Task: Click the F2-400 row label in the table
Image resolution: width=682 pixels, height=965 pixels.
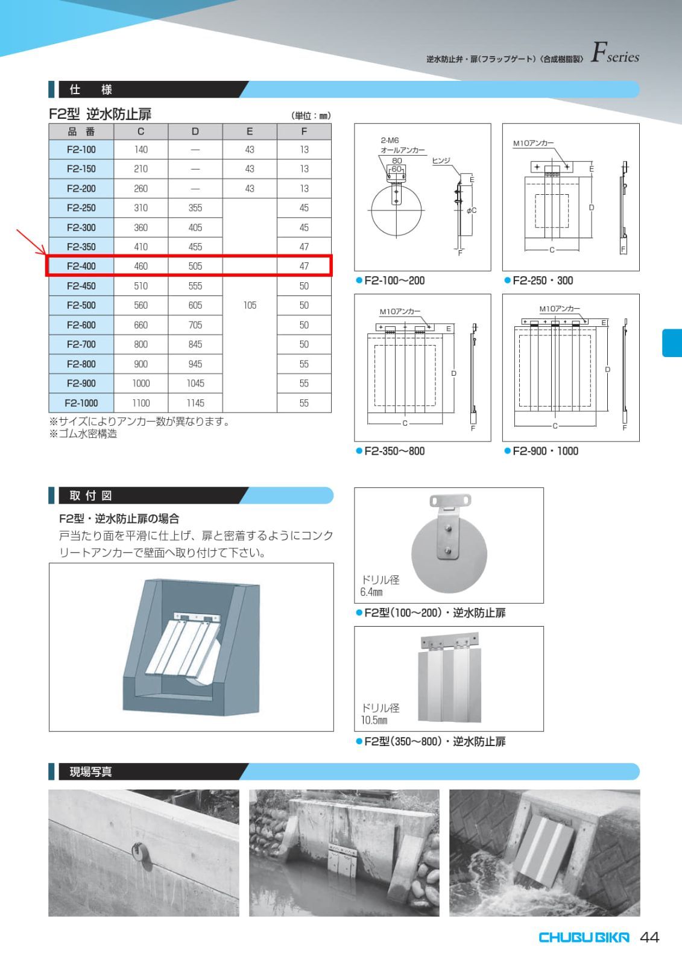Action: pyautogui.click(x=81, y=266)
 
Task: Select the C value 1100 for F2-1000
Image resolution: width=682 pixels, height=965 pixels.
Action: pyautogui.click(x=141, y=403)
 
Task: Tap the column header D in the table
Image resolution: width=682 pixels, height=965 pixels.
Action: pyautogui.click(x=195, y=131)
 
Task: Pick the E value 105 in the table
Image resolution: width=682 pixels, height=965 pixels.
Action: pyautogui.click(x=250, y=305)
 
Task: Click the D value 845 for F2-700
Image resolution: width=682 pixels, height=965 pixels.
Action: pyautogui.click(x=195, y=344)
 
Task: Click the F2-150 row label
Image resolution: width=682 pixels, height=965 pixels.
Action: pyautogui.click(x=81, y=169)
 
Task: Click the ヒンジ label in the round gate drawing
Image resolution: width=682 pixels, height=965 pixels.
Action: pyautogui.click(x=441, y=160)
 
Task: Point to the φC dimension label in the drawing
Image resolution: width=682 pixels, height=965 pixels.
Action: pyautogui.click(x=471, y=210)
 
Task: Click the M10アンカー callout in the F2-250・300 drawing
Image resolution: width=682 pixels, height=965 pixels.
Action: pyautogui.click(x=533, y=144)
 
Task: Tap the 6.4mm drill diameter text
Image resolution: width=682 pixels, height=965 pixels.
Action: pyautogui.click(x=371, y=592)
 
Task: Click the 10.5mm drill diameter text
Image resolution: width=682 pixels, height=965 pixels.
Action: pyautogui.click(x=374, y=720)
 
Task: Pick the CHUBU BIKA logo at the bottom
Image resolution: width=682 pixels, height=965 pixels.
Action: pyautogui.click(x=583, y=937)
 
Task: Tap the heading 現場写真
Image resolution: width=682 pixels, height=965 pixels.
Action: pyautogui.click(x=90, y=772)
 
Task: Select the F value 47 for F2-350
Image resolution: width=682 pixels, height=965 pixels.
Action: pyautogui.click(x=304, y=247)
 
